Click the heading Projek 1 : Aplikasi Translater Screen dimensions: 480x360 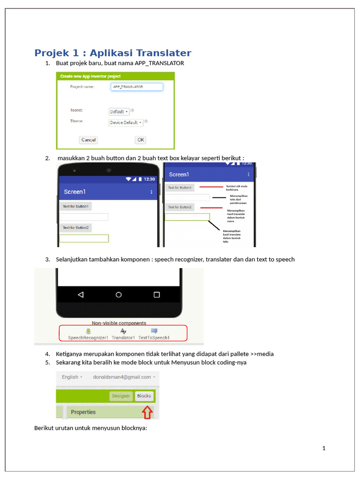pyautogui.click(x=112, y=53)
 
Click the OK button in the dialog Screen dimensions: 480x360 pyautogui.click(x=141, y=140)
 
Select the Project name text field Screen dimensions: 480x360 pyautogui.click(x=137, y=87)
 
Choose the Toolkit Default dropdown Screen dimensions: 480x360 pyautogui.click(x=119, y=112)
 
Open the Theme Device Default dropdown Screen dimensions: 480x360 pyautogui.click(x=126, y=122)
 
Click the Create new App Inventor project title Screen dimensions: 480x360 pyautogui.click(x=90, y=76)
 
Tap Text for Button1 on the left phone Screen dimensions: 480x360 pyautogui.click(x=75, y=206)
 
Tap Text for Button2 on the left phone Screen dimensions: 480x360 pyautogui.click(x=75, y=228)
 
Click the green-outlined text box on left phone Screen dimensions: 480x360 pyautogui.click(x=84, y=239)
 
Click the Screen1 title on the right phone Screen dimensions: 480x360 pyautogui.click(x=179, y=174)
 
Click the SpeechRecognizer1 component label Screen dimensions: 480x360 pyautogui.click(x=88, y=337)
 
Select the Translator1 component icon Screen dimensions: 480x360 pyautogui.click(x=123, y=331)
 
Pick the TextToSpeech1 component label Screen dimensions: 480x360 pyautogui.click(x=154, y=337)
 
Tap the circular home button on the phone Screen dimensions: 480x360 pyautogui.click(x=119, y=295)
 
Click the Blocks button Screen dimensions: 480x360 pyautogui.click(x=144, y=396)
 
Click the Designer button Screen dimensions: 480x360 pyautogui.click(x=120, y=396)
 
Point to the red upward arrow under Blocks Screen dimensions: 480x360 pyautogui.click(x=147, y=412)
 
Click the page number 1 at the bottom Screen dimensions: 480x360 pyautogui.click(x=323, y=448)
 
